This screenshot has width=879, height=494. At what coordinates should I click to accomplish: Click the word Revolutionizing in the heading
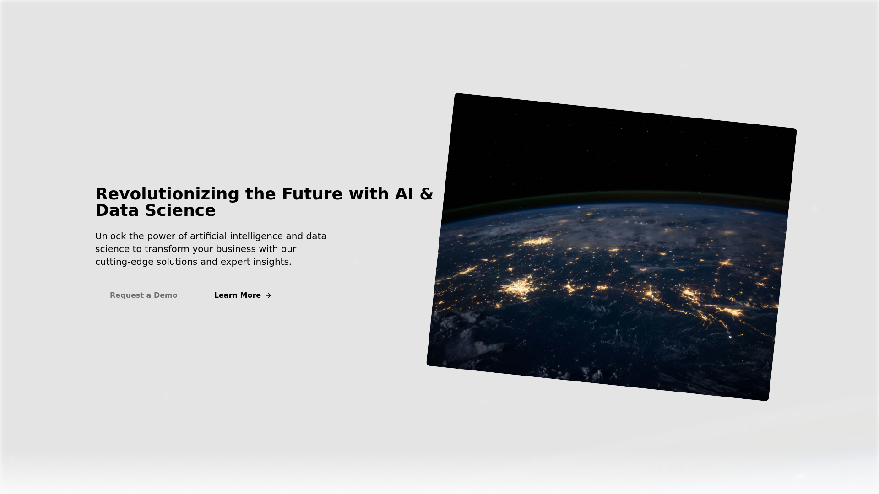tap(167, 194)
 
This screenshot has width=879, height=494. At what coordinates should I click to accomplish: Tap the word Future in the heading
tap(312, 194)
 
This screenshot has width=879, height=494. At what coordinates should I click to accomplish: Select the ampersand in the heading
tap(426, 194)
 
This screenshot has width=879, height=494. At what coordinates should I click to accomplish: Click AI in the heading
tap(404, 194)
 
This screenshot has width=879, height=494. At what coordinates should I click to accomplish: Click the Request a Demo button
tap(144, 295)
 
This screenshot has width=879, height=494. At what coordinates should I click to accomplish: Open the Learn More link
tap(243, 295)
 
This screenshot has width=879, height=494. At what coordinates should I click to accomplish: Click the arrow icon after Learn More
tap(268, 295)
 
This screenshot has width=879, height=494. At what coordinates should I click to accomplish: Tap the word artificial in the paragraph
tap(208, 236)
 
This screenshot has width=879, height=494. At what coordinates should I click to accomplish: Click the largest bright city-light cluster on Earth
tap(520, 287)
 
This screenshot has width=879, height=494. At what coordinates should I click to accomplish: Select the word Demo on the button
tap(165, 295)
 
